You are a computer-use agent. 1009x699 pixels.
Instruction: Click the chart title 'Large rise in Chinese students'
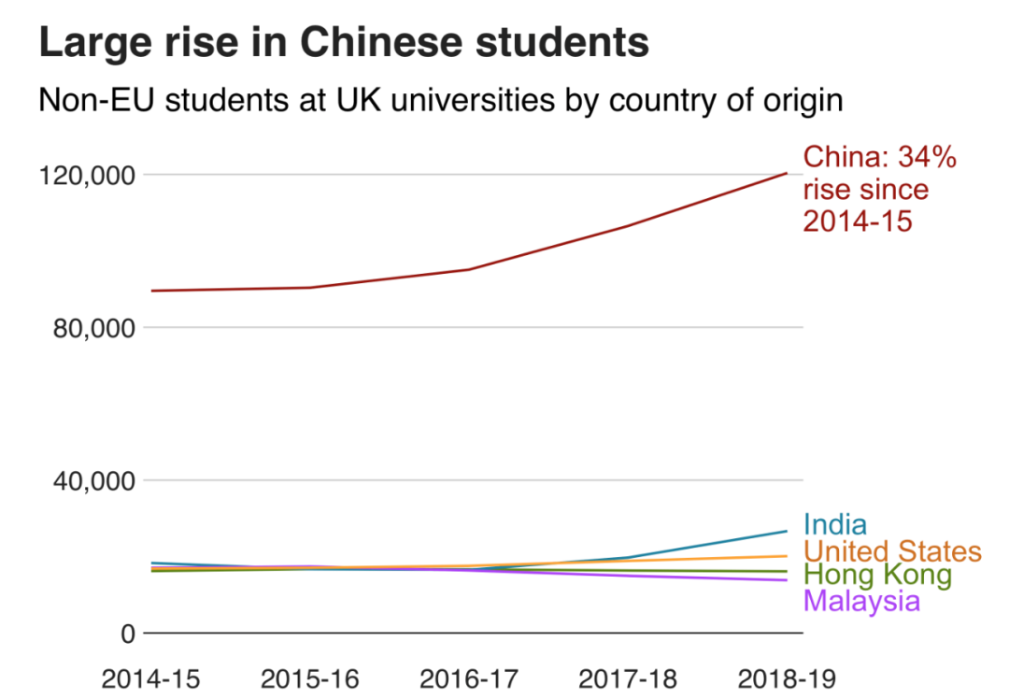click(x=343, y=43)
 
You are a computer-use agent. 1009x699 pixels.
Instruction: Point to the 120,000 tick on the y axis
click(x=84, y=175)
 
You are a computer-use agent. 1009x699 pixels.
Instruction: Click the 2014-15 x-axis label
click(x=150, y=678)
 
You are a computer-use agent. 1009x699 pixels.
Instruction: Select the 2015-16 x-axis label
click(x=309, y=678)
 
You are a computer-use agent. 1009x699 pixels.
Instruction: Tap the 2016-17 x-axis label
click(x=468, y=678)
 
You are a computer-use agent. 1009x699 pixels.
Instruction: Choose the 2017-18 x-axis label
click(x=627, y=678)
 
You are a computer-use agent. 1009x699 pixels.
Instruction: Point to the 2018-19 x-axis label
click(x=786, y=678)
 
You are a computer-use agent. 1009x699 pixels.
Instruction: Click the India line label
click(x=834, y=525)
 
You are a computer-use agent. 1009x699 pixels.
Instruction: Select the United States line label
click(x=892, y=550)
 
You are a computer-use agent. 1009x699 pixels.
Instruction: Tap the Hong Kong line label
click(x=877, y=575)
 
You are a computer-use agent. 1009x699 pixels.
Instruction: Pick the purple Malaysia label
click(x=861, y=600)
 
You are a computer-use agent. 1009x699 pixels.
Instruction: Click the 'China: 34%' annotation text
click(x=880, y=158)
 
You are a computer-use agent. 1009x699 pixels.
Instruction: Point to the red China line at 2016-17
click(x=468, y=269)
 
